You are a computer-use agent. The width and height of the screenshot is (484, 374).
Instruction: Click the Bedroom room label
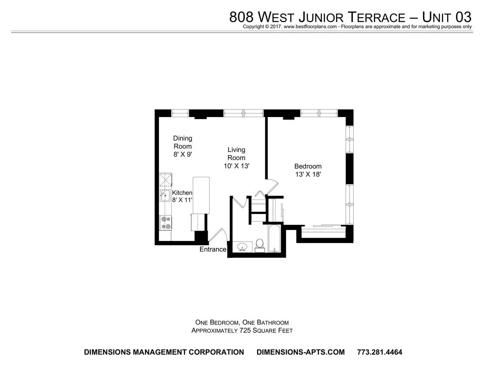click(x=308, y=166)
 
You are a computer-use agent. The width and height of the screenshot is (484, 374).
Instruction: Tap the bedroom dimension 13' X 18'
click(x=308, y=174)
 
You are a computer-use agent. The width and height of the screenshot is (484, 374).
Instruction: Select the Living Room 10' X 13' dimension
click(x=236, y=166)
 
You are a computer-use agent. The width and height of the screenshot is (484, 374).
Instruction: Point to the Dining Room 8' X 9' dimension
click(x=183, y=154)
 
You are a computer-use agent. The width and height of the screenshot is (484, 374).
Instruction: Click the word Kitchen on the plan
click(x=182, y=193)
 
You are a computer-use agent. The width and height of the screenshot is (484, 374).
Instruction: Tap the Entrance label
click(x=213, y=249)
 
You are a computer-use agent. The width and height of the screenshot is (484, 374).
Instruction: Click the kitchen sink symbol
click(x=165, y=196)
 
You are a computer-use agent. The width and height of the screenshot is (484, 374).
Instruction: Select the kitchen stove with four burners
click(x=165, y=223)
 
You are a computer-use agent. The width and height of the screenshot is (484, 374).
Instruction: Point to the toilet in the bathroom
click(x=259, y=246)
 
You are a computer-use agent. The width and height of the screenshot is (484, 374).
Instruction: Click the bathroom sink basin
click(x=242, y=247)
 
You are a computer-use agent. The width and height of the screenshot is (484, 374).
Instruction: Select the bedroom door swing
click(x=272, y=187)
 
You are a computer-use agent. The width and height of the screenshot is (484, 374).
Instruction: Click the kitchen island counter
click(x=201, y=195)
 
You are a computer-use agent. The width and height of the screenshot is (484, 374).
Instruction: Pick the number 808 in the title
click(x=241, y=17)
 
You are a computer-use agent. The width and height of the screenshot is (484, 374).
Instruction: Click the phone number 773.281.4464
click(x=380, y=352)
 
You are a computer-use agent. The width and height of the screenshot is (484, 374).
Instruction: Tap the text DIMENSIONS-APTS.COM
click(x=301, y=352)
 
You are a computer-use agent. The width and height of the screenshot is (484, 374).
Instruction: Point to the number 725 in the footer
click(x=245, y=330)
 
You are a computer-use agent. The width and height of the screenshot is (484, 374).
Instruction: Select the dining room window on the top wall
click(x=180, y=113)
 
